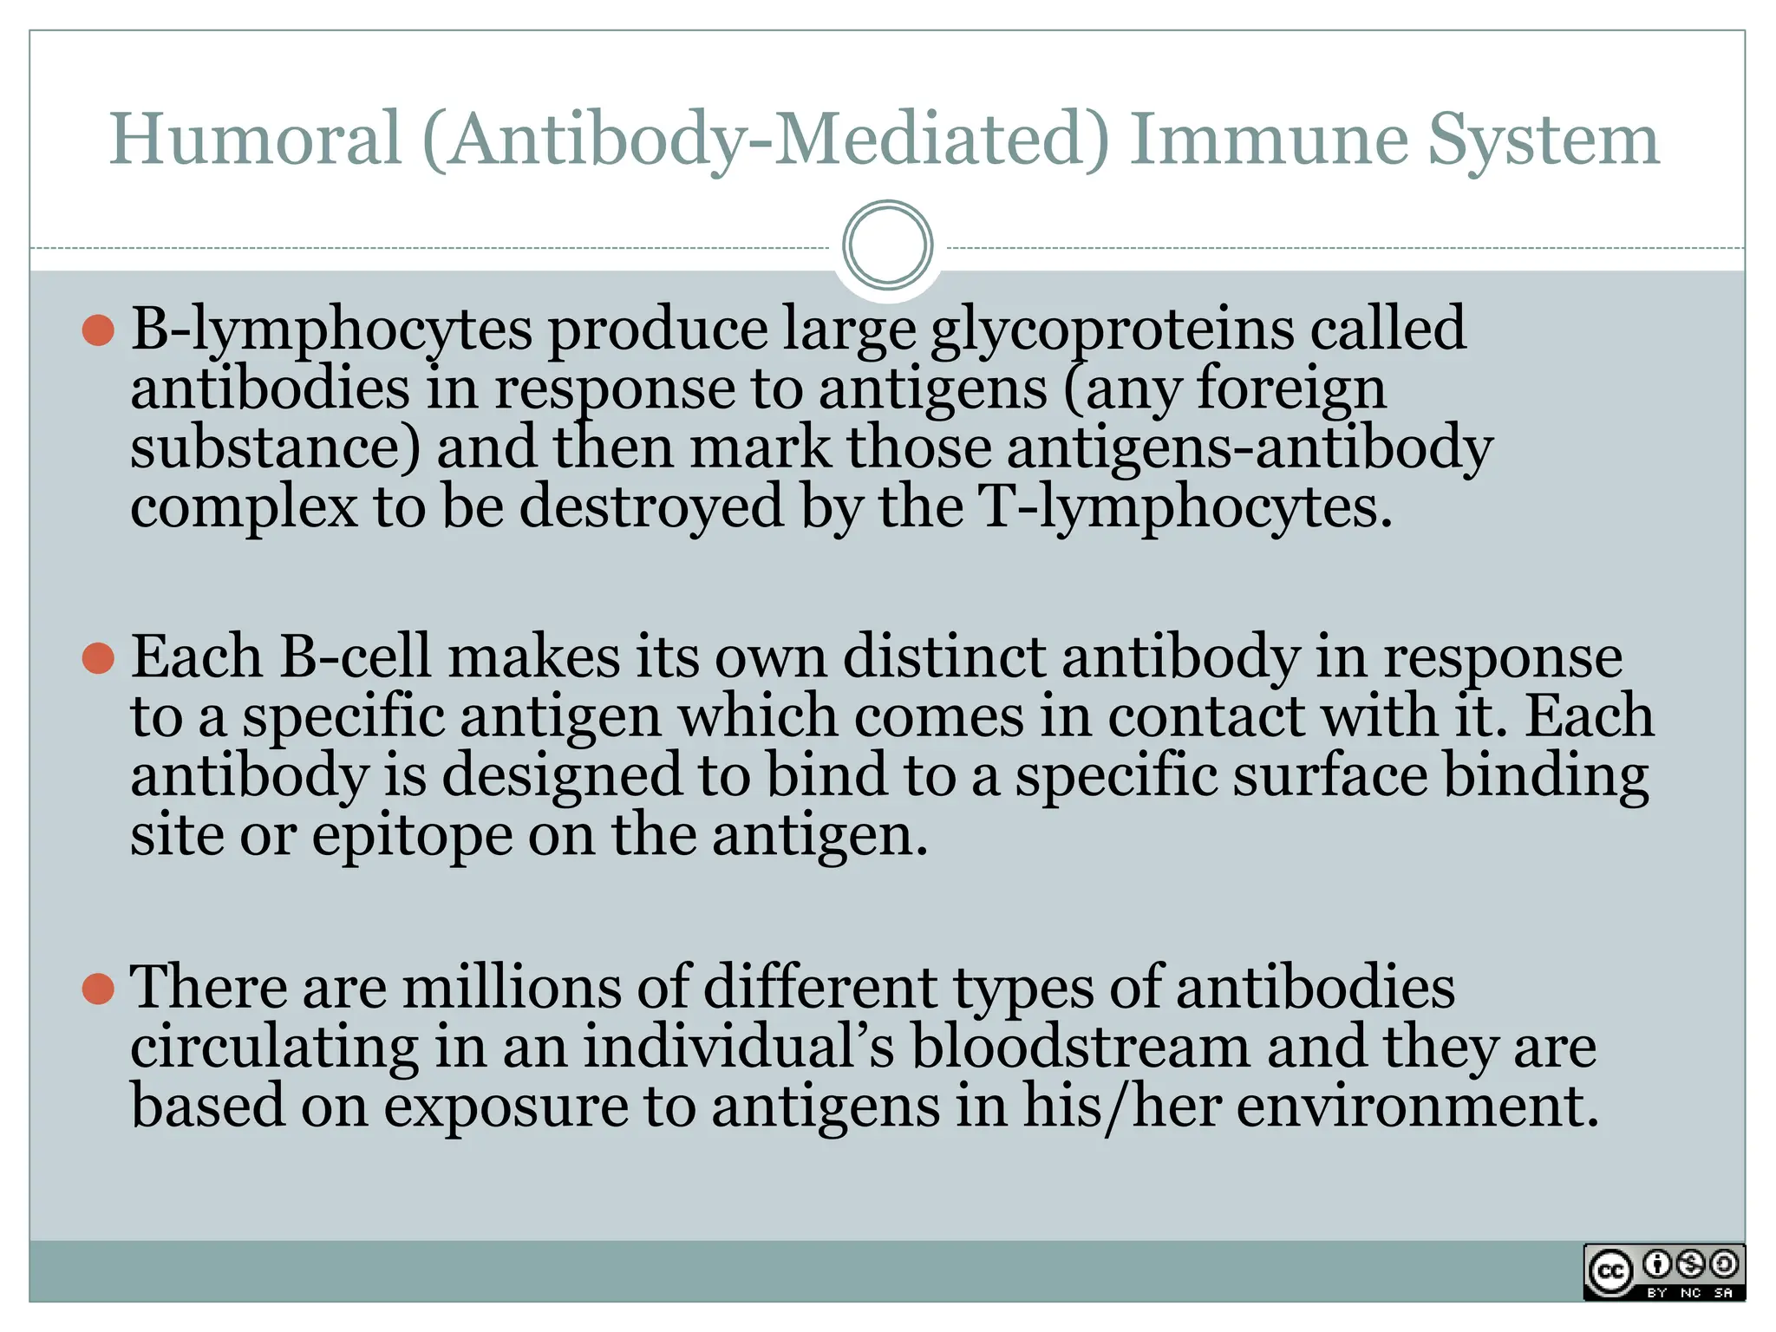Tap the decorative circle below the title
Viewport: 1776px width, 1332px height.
tap(887, 245)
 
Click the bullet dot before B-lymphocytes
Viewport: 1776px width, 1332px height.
tap(98, 330)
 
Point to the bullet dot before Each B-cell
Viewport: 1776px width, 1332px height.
tap(98, 658)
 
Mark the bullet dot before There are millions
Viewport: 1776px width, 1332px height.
tap(98, 989)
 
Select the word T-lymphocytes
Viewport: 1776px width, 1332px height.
tap(1184, 506)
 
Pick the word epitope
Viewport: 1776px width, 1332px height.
tap(412, 835)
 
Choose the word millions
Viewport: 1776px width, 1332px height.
tap(512, 988)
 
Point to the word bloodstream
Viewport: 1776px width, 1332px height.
tap(1080, 1047)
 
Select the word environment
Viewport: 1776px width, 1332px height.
tap(1417, 1107)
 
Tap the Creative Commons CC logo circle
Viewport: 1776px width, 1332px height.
tap(1610, 1272)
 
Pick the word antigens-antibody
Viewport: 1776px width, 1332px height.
tap(1249, 447)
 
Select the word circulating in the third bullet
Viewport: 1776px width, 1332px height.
tap(274, 1047)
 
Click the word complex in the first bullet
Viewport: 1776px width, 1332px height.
tap(244, 506)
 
